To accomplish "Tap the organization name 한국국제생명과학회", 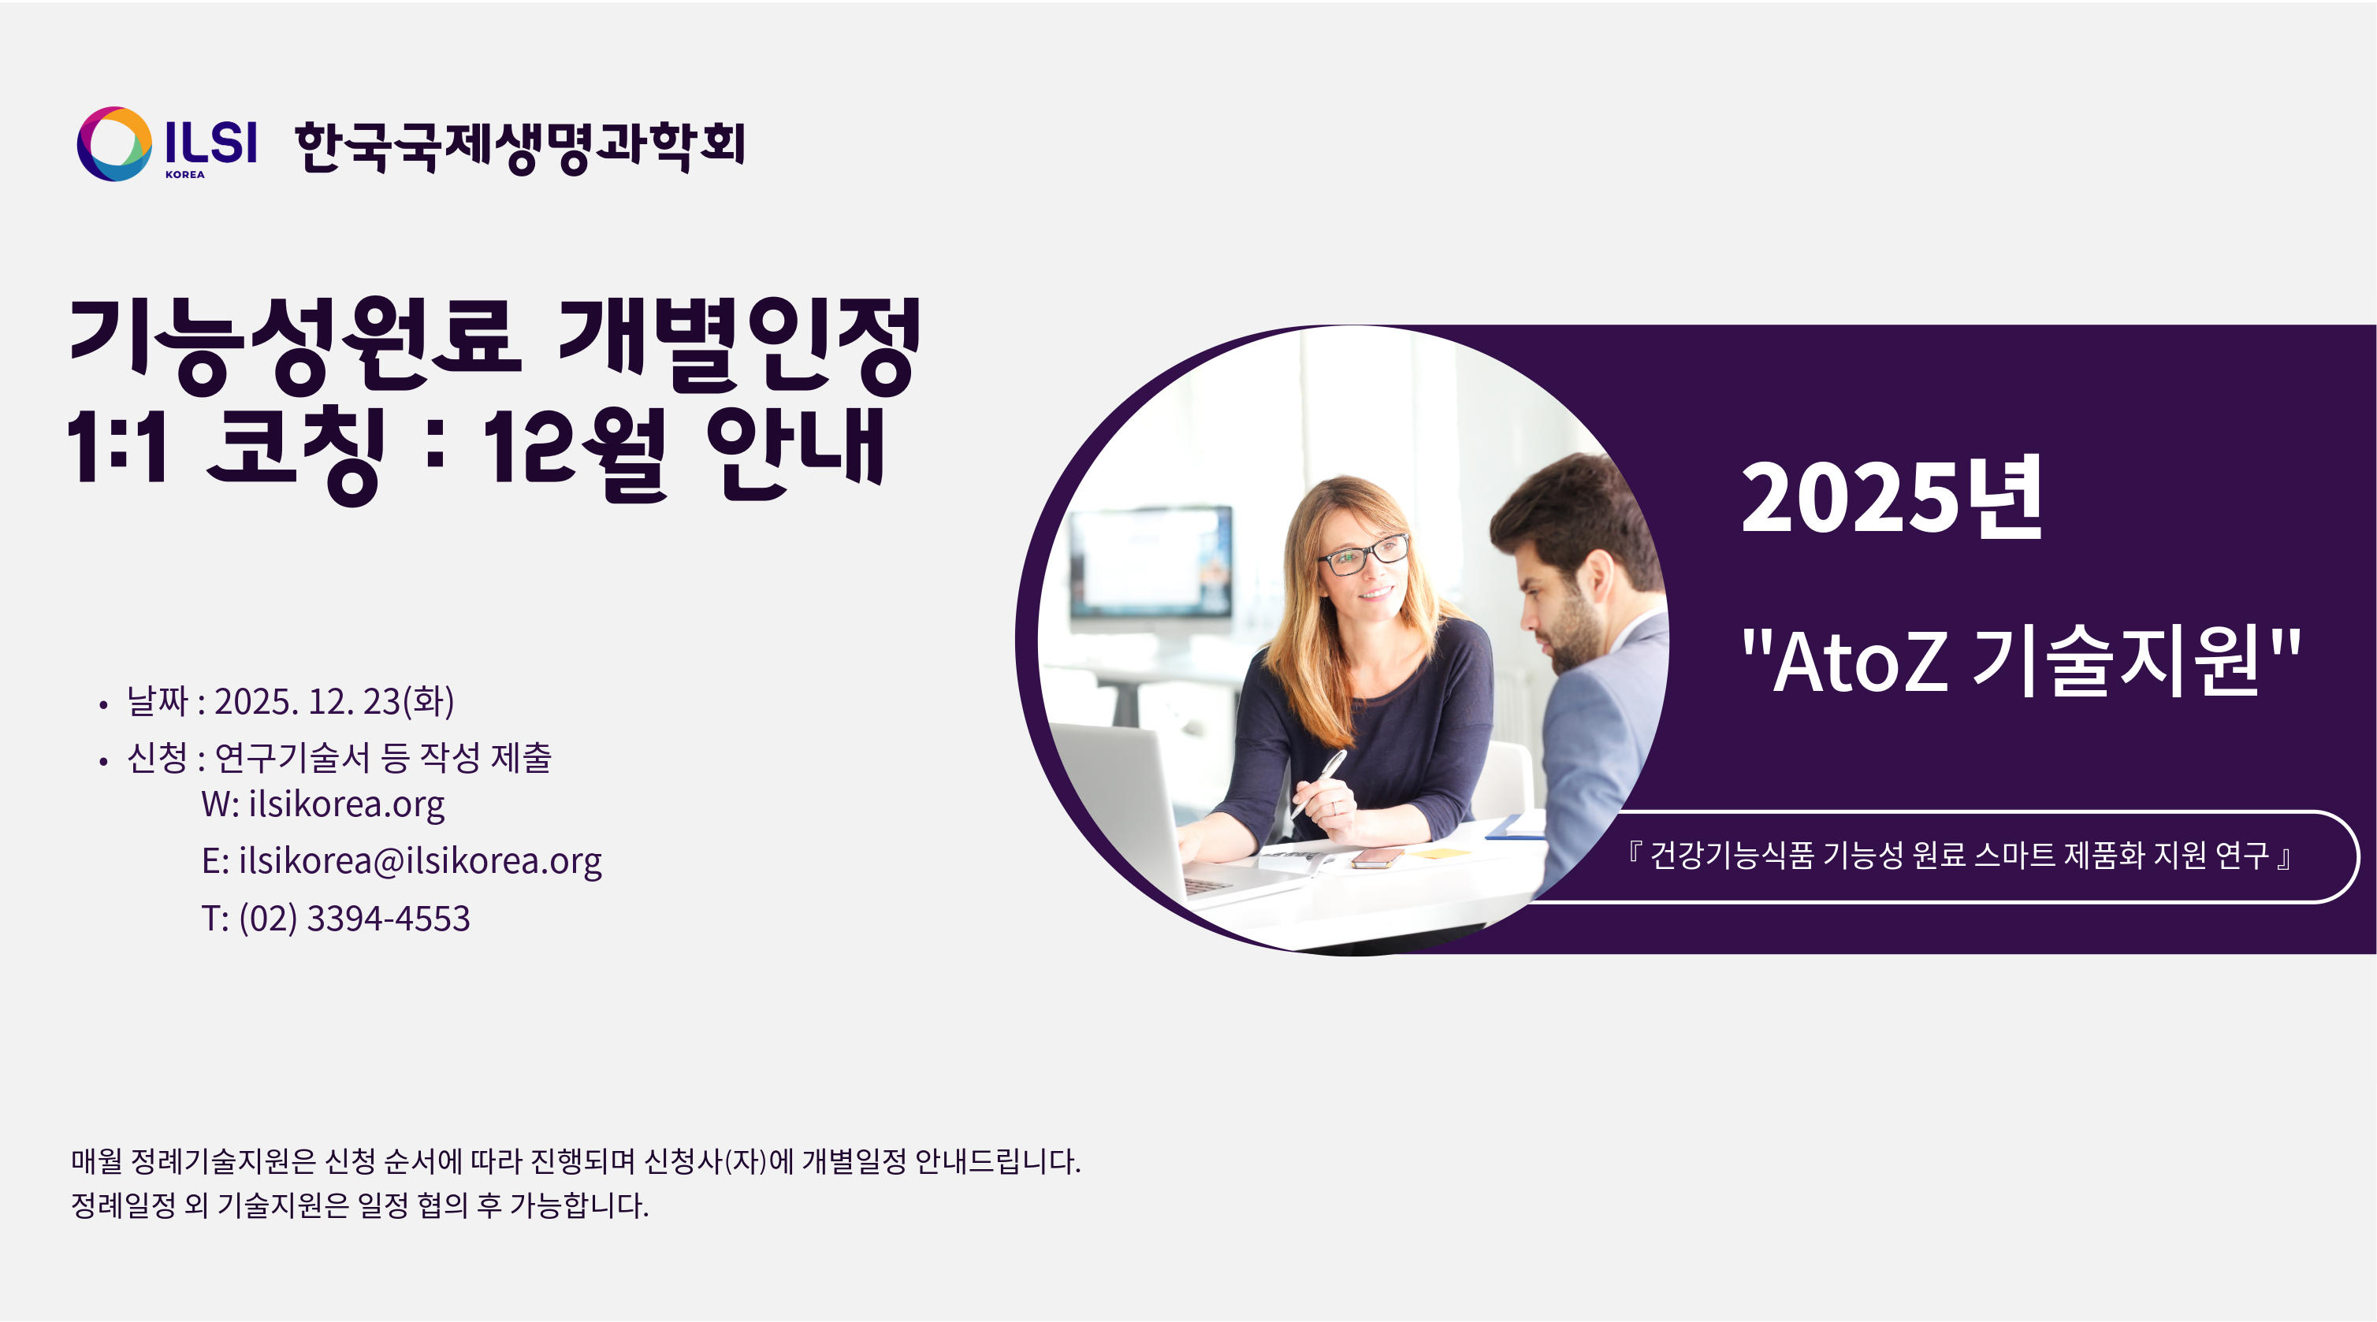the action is pyautogui.click(x=519, y=147).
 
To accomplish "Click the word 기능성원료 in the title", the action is pyautogui.click(x=296, y=345).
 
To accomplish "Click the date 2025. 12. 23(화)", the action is pyautogui.click(x=334, y=701).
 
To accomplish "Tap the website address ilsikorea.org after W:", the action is pyautogui.click(x=346, y=804).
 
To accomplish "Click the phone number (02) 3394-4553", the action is pyautogui.click(x=355, y=918).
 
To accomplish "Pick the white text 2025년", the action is pyautogui.click(x=1892, y=498).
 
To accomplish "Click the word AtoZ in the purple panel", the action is pyautogui.click(x=1860, y=662).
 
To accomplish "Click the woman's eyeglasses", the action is pyautogui.click(x=1363, y=554).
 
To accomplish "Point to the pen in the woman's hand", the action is pyautogui.click(x=1319, y=782).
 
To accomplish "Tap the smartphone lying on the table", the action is pyautogui.click(x=1377, y=859).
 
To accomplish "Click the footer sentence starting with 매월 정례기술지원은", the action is pyautogui.click(x=576, y=1160).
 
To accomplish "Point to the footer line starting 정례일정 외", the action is pyautogui.click(x=360, y=1205).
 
